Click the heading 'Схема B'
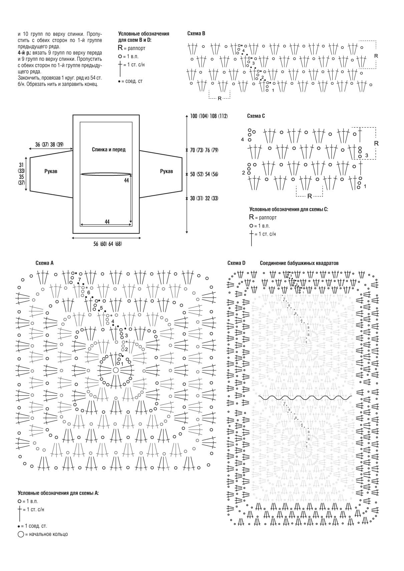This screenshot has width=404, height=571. point(196,33)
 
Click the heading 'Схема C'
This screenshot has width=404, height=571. point(256,116)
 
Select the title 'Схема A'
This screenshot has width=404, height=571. point(44,263)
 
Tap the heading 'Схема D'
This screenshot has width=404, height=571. point(236,263)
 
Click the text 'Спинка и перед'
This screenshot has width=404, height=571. point(108,150)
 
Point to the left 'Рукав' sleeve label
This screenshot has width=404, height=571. point(51,171)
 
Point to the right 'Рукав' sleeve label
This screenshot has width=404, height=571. point(166,171)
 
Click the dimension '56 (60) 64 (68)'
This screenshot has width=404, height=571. point(107,244)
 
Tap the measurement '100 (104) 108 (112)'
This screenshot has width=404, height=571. point(209,116)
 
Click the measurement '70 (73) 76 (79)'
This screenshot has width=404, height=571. point(204,150)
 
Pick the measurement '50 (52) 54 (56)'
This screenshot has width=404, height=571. point(204,174)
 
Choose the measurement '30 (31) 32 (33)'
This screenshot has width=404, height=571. point(204,198)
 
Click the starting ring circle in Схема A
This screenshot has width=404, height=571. point(116,370)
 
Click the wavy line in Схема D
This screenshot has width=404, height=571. point(305,398)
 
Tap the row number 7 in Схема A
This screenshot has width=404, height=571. point(79,279)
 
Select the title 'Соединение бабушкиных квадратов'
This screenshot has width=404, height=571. point(299,263)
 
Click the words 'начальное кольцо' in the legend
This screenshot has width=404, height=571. point(48,534)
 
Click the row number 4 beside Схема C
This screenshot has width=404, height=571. point(243,139)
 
